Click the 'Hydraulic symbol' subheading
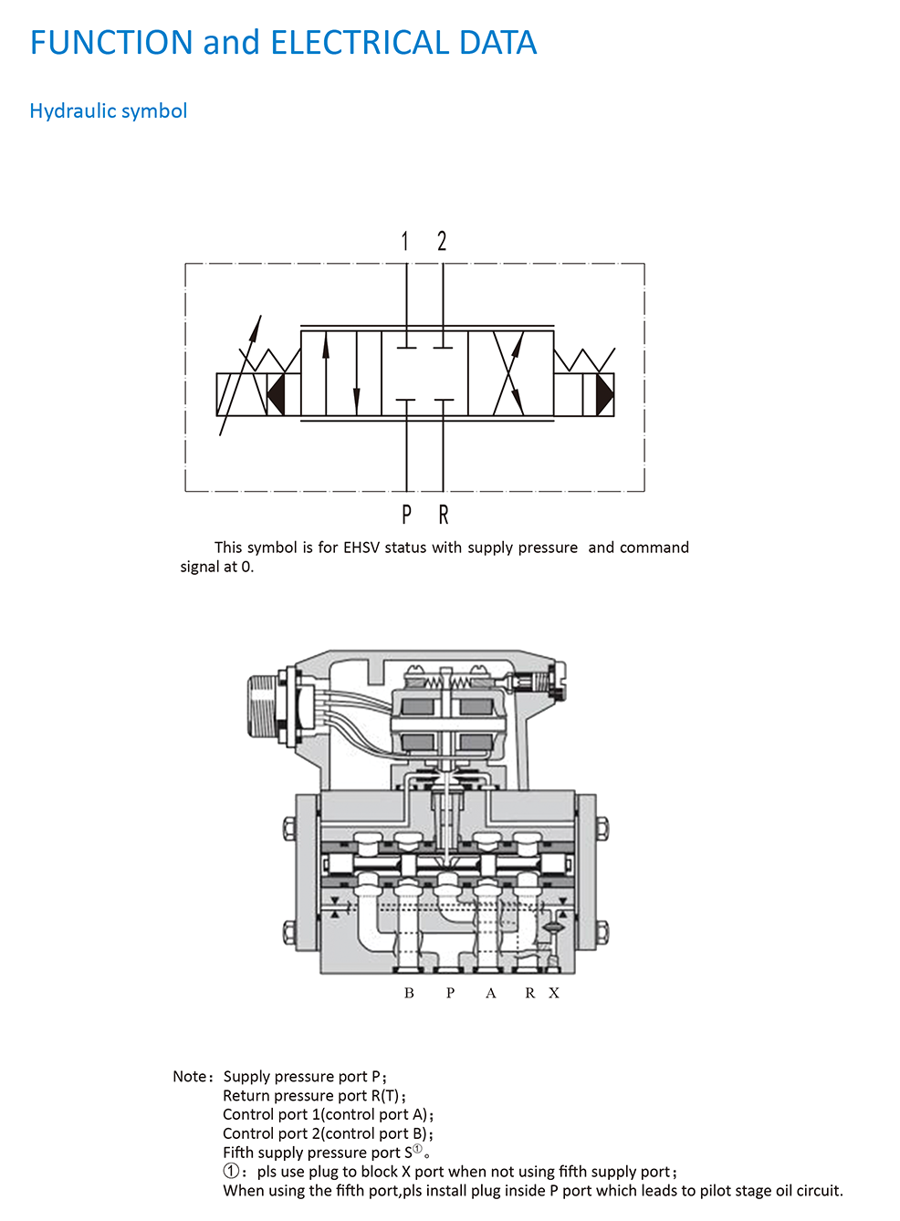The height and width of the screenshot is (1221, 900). [x=108, y=111]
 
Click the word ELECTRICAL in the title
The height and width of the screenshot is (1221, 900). [x=360, y=43]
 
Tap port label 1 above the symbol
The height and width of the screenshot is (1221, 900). [x=404, y=241]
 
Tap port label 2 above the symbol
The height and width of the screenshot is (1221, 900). [x=442, y=241]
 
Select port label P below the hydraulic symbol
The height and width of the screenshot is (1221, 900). [x=406, y=515]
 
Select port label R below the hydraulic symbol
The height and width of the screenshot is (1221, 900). [x=444, y=515]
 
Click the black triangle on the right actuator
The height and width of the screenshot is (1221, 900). [x=604, y=394]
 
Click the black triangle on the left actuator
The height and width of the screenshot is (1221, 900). [x=276, y=394]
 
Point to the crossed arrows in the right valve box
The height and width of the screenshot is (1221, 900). [x=508, y=374]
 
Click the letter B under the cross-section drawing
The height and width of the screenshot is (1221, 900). [x=409, y=993]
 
